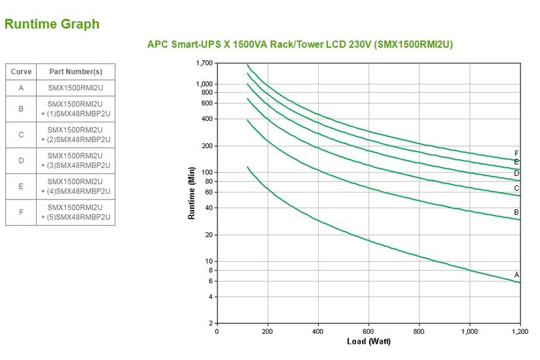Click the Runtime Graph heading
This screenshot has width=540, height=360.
(x=52, y=24)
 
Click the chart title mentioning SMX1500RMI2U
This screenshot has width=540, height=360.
(x=300, y=45)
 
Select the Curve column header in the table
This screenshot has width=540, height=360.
(x=21, y=71)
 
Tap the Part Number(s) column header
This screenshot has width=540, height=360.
(x=75, y=71)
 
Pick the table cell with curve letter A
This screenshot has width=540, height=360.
(x=21, y=87)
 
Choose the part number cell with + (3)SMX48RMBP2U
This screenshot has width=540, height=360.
(x=75, y=160)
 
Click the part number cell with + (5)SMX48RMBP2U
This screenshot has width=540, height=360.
(x=75, y=212)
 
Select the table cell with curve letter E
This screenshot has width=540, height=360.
(x=21, y=187)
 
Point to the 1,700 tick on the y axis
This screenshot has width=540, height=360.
(x=204, y=63)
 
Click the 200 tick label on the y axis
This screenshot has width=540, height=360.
(x=207, y=146)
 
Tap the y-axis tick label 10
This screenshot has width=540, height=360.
(x=209, y=261)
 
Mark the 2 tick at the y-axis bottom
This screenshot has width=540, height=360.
(x=211, y=323)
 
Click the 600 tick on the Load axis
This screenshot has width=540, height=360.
(x=369, y=332)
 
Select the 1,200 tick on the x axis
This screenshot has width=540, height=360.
(x=520, y=332)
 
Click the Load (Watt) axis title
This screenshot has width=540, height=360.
(x=369, y=342)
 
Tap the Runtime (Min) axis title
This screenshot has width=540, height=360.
(x=192, y=193)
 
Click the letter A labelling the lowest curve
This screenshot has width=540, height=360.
(x=516, y=275)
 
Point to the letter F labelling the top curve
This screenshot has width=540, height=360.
(x=516, y=154)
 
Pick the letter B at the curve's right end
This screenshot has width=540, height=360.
(x=516, y=212)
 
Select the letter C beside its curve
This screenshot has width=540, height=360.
(x=516, y=188)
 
